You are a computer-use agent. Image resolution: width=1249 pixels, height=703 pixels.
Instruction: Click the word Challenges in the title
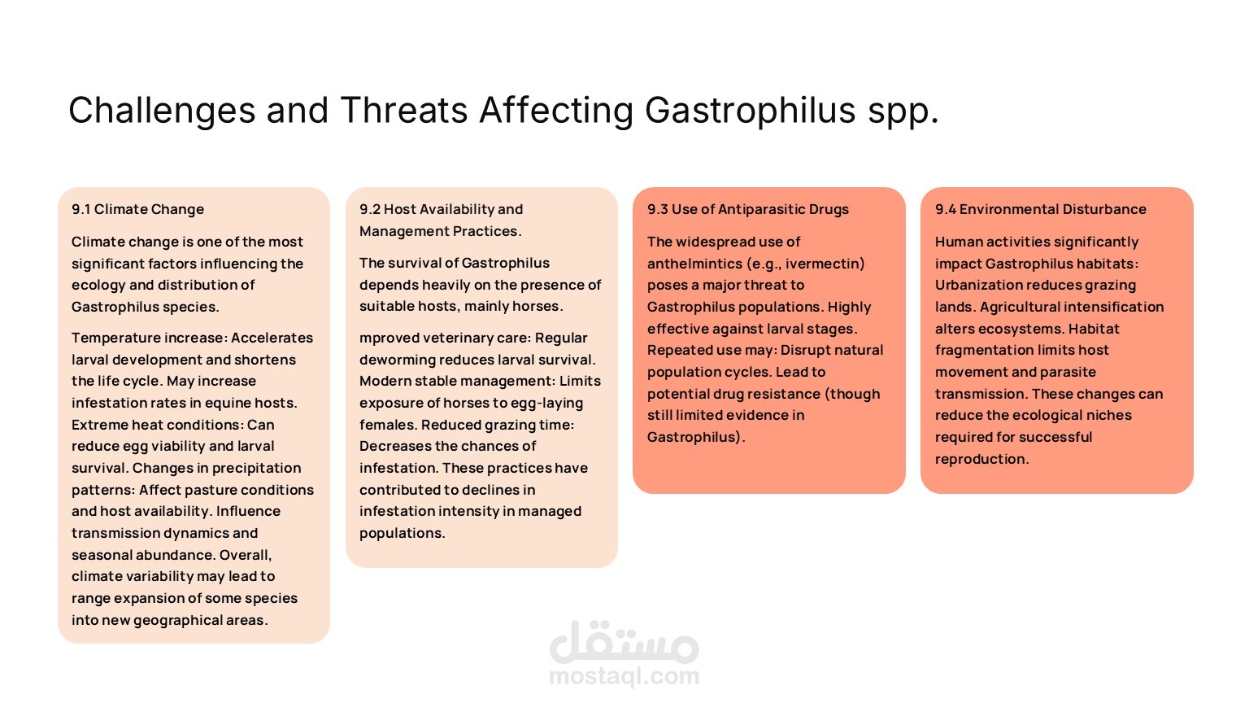pyautogui.click(x=162, y=111)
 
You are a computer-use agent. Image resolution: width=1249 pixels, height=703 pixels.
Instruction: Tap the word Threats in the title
pyautogui.click(x=404, y=110)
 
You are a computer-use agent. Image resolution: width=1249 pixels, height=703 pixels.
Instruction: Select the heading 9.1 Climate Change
pyautogui.click(x=137, y=209)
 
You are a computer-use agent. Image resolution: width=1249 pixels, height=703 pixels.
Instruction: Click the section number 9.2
pyautogui.click(x=369, y=209)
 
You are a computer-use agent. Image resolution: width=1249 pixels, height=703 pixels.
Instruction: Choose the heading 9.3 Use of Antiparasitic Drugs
pyautogui.click(x=748, y=209)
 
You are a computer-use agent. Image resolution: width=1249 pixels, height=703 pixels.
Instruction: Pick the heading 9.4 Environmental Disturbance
pyautogui.click(x=1041, y=209)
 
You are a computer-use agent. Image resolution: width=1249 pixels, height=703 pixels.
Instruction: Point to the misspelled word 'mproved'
pyautogui.click(x=386, y=338)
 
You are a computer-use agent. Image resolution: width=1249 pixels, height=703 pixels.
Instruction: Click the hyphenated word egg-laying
pyautogui.click(x=547, y=404)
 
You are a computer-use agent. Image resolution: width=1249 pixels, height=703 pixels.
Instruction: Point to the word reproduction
pyautogui.click(x=981, y=459)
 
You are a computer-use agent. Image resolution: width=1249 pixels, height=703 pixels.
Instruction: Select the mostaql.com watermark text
pyautogui.click(x=624, y=676)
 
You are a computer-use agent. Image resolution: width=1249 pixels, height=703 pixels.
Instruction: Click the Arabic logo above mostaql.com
pyautogui.click(x=624, y=642)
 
